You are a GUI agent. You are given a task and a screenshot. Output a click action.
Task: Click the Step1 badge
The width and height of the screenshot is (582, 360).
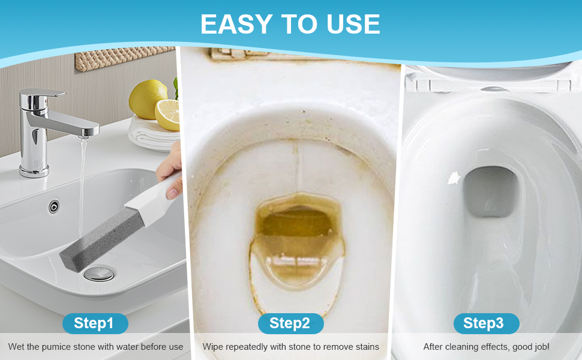pos(95,323)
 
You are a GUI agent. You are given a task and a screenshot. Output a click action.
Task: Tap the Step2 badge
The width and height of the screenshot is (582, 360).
pos(290,323)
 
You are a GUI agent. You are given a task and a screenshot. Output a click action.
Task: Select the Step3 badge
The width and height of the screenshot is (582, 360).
pos(486,323)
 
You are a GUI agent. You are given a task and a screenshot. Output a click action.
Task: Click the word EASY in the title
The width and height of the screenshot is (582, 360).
pos(237,25)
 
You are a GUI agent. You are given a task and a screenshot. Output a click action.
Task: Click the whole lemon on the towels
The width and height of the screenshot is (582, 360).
pos(148,99)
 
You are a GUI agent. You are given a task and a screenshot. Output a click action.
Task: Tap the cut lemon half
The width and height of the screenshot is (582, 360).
pos(168,115)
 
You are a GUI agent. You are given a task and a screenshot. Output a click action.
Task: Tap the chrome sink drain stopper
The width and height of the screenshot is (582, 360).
pos(99,274)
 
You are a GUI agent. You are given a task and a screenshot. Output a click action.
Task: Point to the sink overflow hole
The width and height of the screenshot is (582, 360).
pos(54,206)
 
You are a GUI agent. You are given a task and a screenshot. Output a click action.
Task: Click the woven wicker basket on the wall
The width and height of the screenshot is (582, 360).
pos(125,58)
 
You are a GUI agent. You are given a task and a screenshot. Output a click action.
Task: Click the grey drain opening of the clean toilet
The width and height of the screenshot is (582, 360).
pos(490,192)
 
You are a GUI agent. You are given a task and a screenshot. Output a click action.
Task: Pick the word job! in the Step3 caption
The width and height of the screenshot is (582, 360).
pos(541,347)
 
